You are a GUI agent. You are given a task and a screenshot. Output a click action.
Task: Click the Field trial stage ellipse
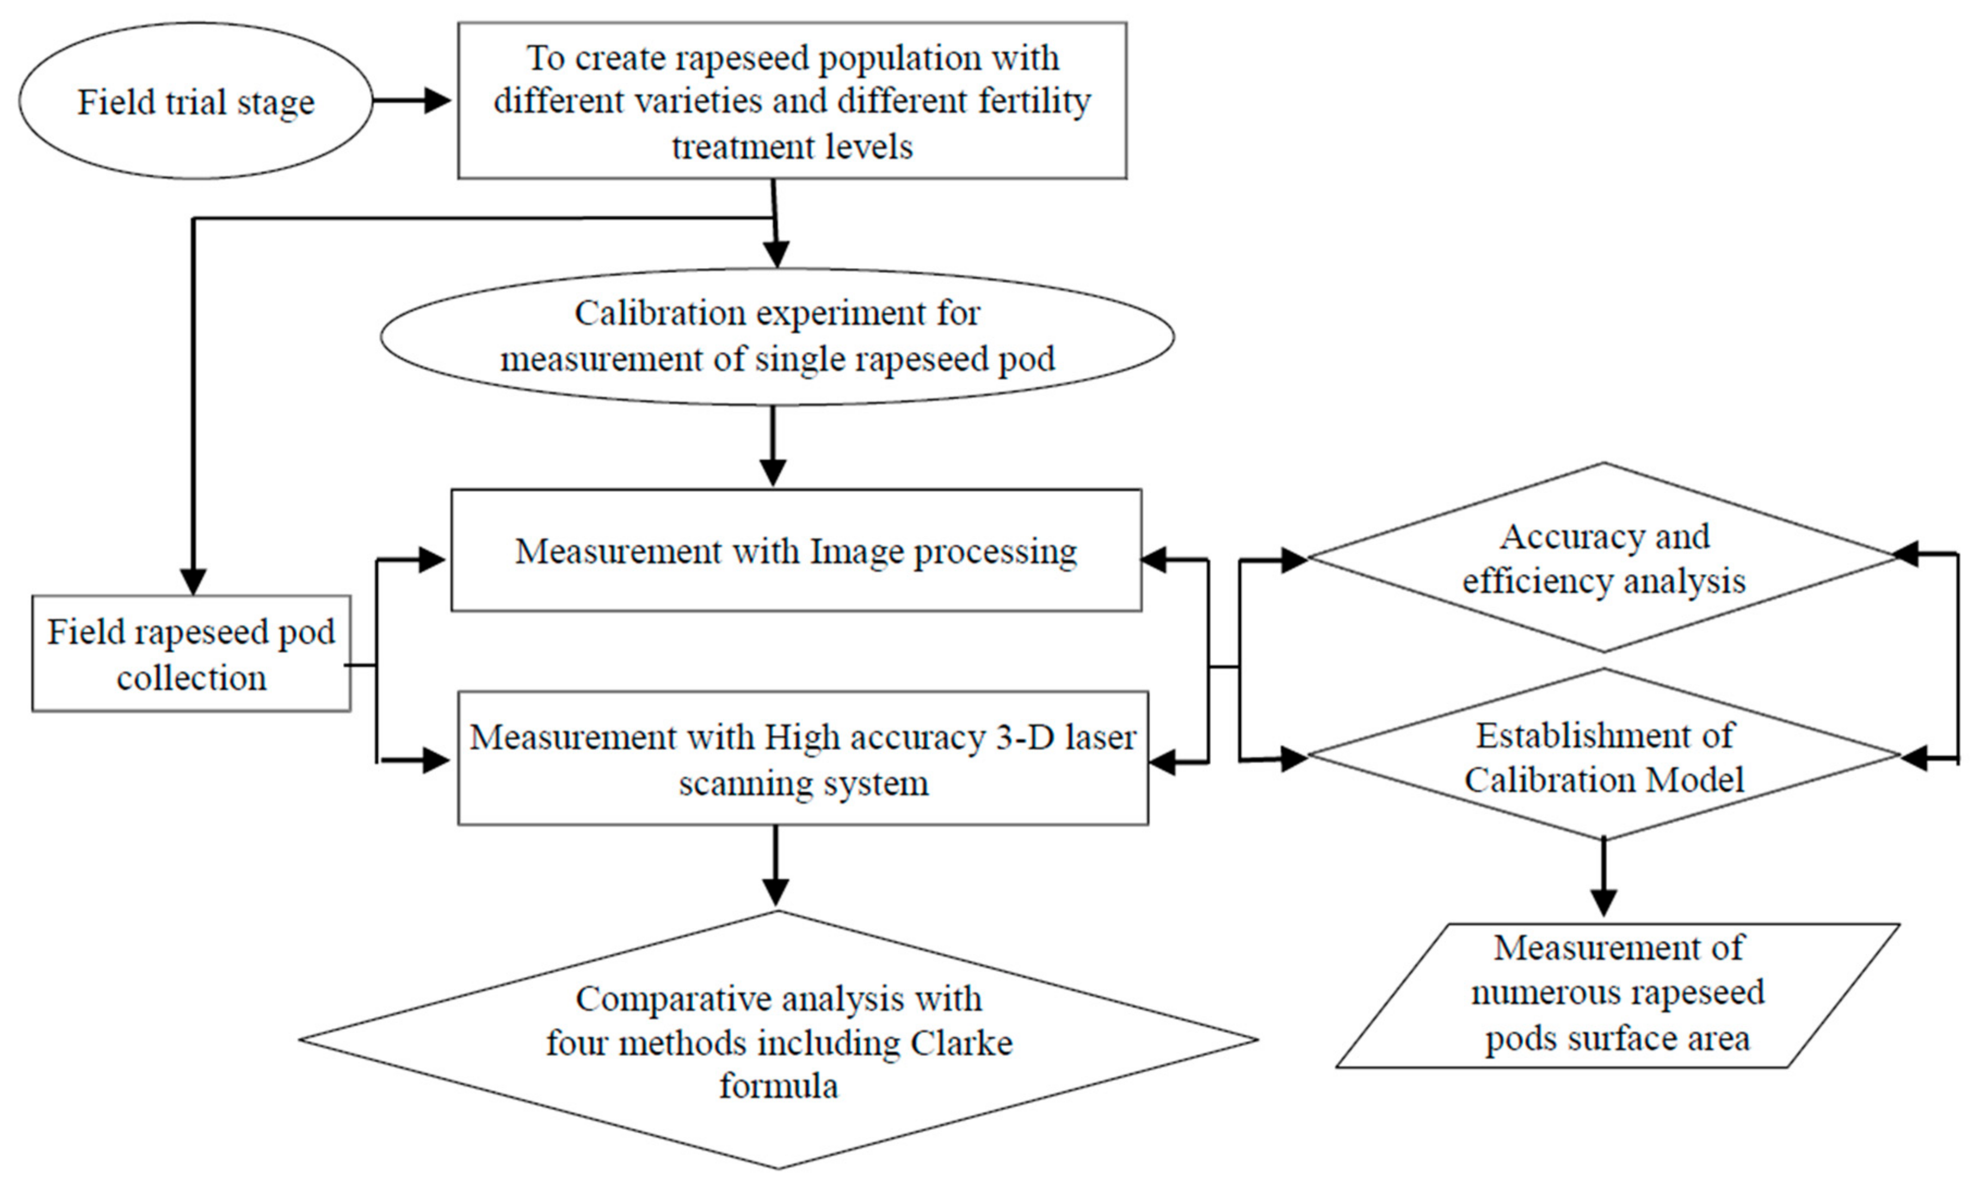[195, 101]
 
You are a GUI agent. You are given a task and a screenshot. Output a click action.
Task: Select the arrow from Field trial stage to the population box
[411, 101]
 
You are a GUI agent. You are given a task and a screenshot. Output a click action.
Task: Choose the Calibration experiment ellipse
[778, 336]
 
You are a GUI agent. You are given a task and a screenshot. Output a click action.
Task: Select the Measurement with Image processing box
[796, 550]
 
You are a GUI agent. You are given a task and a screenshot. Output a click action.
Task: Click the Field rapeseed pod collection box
[192, 653]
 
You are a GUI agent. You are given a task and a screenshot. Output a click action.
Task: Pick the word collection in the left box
[192, 678]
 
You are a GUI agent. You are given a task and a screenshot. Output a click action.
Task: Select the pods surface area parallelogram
[1617, 994]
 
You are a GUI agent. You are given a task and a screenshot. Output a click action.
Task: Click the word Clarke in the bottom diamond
[957, 1043]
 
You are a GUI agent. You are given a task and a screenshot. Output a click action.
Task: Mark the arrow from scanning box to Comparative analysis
[775, 866]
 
